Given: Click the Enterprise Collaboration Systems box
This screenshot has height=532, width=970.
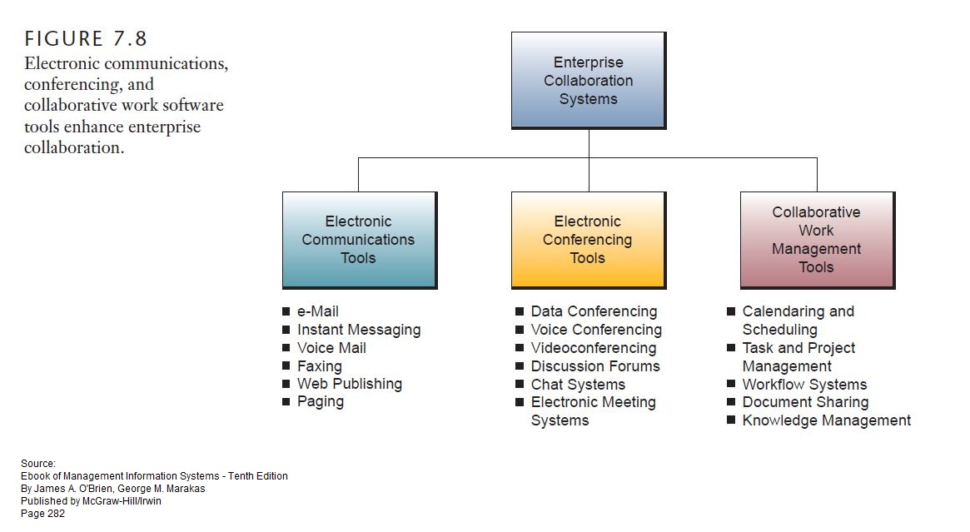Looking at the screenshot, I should pyautogui.click(x=588, y=80).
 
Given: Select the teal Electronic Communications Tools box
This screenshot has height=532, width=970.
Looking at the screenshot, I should pyautogui.click(x=359, y=240).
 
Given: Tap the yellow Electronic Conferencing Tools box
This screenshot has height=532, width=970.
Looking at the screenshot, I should pyautogui.click(x=588, y=240).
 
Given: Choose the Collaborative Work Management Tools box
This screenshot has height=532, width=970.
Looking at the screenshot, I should pyautogui.click(x=816, y=240).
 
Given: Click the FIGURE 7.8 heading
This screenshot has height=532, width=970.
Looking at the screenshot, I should pyautogui.click(x=87, y=38).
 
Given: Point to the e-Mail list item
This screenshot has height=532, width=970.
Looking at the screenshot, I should pyautogui.click(x=317, y=311).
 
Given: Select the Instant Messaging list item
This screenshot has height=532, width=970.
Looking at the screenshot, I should pyautogui.click(x=359, y=330).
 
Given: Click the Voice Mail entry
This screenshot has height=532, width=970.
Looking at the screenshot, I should pyautogui.click(x=331, y=348).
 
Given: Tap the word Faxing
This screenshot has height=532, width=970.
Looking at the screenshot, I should pyautogui.click(x=319, y=366).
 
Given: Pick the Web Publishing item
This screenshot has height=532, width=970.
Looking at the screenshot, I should pyautogui.click(x=349, y=384).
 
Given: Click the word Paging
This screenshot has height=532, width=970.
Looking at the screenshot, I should pyautogui.click(x=320, y=401).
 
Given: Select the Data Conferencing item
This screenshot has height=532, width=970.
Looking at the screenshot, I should pyautogui.click(x=594, y=311).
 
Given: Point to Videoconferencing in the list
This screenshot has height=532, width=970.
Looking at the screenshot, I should pyautogui.click(x=594, y=348).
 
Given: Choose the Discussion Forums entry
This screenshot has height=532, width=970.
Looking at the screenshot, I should pyautogui.click(x=595, y=366).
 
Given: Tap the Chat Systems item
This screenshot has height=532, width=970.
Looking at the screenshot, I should pyautogui.click(x=578, y=385).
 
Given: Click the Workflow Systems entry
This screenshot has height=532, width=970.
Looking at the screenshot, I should pyautogui.click(x=804, y=385).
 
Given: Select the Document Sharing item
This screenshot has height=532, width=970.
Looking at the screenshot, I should pyautogui.click(x=805, y=402).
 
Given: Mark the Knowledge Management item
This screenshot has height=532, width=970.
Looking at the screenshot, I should pyautogui.click(x=826, y=420).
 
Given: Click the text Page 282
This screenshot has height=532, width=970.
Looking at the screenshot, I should pyautogui.click(x=42, y=514).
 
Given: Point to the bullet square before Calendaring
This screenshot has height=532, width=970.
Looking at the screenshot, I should pyautogui.click(x=730, y=311).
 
